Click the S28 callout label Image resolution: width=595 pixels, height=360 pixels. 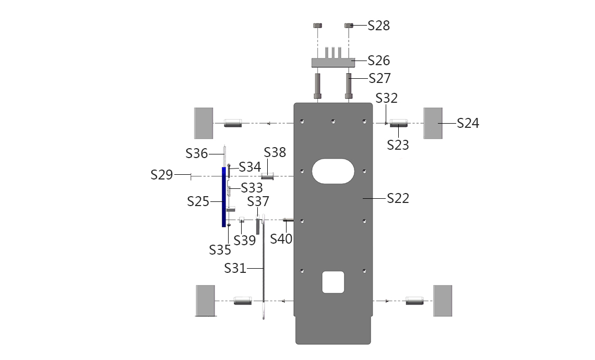tap(379, 26)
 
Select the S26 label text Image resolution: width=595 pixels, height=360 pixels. tap(379, 61)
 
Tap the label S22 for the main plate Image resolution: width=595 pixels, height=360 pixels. tap(398, 198)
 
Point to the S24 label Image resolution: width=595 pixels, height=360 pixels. tap(468, 123)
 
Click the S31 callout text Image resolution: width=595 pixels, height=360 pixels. tap(235, 269)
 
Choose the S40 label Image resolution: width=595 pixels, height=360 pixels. tap(281, 239)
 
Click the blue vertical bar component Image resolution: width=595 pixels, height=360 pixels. tap(224, 197)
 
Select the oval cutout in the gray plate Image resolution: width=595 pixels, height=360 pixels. tap(333, 171)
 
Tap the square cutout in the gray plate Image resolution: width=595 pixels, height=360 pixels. tap(333, 282)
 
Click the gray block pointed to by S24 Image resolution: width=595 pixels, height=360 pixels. tap(433, 123)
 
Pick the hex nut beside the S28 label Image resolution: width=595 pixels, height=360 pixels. tap(349, 26)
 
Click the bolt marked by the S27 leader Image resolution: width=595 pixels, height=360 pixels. tap(349, 86)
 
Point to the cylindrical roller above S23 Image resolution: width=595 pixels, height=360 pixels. tap(399, 123)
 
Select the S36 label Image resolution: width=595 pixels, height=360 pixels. tap(197, 153)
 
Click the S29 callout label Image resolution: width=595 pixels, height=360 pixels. tap(162, 175)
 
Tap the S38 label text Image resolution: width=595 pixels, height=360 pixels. tap(275, 152)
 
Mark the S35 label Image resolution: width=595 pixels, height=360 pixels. tap(220, 250)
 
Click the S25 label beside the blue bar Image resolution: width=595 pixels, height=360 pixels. tap(198, 201)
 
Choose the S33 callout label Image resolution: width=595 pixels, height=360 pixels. tap(252, 188)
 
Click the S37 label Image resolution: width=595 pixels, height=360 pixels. tap(258, 201)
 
